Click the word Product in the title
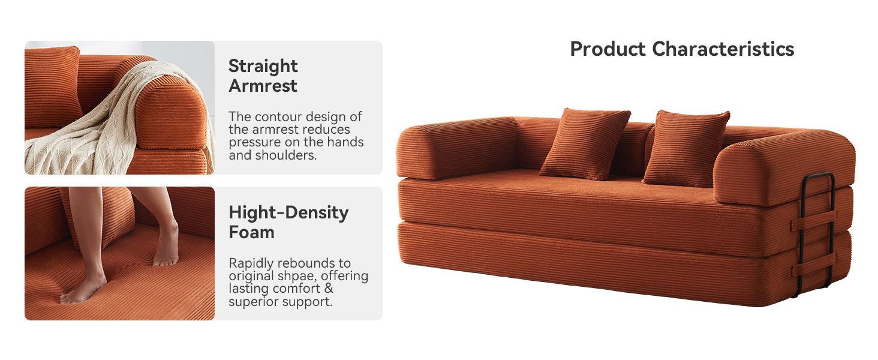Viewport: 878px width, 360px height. (608, 49)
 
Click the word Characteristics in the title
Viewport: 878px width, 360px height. (723, 49)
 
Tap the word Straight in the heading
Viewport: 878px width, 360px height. (263, 66)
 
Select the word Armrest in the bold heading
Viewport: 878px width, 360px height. (263, 86)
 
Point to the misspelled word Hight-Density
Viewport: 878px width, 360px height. (288, 213)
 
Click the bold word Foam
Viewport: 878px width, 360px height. (252, 233)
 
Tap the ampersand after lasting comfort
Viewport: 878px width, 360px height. (329, 289)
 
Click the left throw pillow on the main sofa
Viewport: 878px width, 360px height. (585, 144)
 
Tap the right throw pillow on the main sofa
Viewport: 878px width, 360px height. (687, 148)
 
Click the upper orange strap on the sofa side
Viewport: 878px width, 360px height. (813, 220)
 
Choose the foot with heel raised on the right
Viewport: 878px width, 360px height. (167, 245)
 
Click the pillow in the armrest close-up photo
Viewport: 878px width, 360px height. (52, 86)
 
